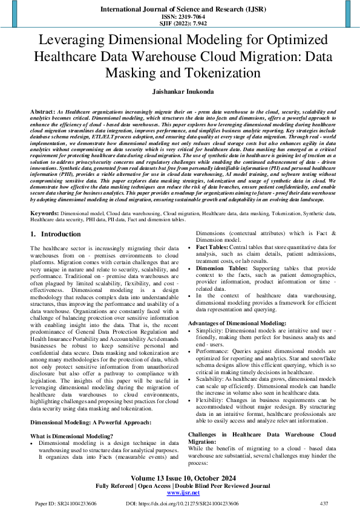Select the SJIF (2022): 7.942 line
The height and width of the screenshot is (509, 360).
180,24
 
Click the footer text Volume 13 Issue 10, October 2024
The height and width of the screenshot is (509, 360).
180,477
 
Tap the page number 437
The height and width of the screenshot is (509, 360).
324,503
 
